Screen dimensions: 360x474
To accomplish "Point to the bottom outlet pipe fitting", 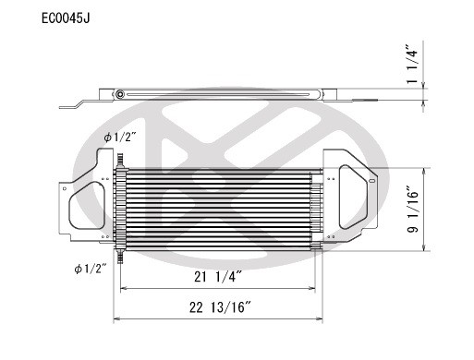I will click(x=121, y=249).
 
